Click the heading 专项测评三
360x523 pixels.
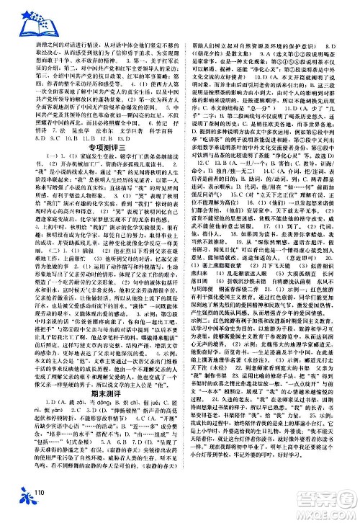99,154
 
